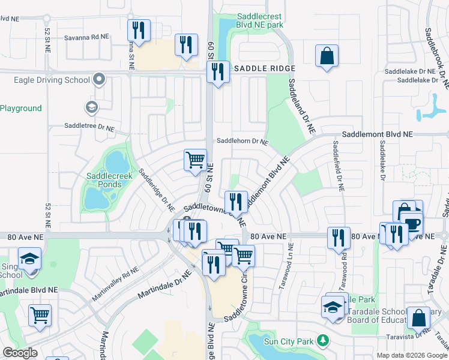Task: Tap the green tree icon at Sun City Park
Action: [x=323, y=341]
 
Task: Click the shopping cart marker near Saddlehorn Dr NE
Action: [x=194, y=161]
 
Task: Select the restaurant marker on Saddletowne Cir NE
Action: [x=235, y=202]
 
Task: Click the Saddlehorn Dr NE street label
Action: [x=242, y=142]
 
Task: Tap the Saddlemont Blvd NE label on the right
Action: [x=378, y=136]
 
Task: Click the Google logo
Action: [x=20, y=353]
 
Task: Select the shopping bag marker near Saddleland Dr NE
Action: [x=326, y=56]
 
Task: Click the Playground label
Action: [x=21, y=109]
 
